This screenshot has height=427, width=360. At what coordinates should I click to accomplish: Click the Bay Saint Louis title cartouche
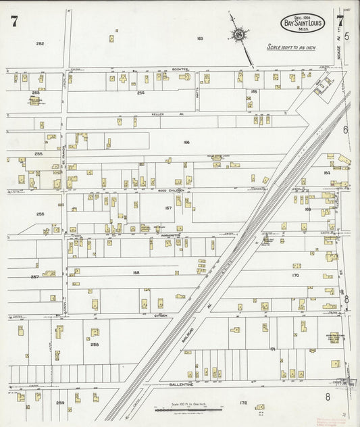click(303, 23)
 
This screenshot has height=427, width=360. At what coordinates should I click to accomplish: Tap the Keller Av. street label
click(158, 114)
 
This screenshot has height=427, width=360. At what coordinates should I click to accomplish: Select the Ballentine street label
click(180, 384)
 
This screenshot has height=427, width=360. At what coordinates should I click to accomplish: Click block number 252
click(40, 43)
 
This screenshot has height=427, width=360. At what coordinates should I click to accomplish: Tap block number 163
click(200, 39)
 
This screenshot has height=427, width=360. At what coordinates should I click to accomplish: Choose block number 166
click(186, 143)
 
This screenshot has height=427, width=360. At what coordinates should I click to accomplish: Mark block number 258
click(95, 344)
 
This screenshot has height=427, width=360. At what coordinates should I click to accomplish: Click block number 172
click(243, 403)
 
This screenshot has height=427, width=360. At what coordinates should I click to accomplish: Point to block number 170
click(295, 276)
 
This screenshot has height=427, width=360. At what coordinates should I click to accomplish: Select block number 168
click(136, 272)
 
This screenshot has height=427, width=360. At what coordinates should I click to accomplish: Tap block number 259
click(61, 403)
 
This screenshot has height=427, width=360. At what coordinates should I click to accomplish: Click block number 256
click(40, 214)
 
